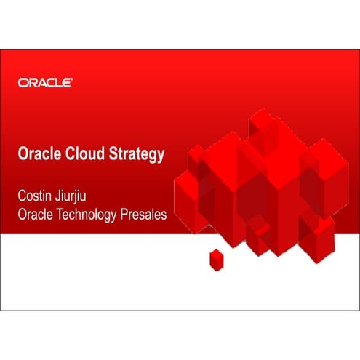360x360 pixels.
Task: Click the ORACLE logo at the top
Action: click(44, 83)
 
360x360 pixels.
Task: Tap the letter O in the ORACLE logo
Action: click(23, 83)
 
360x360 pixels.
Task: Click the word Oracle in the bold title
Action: click(39, 155)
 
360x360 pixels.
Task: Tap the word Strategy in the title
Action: click(137, 156)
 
